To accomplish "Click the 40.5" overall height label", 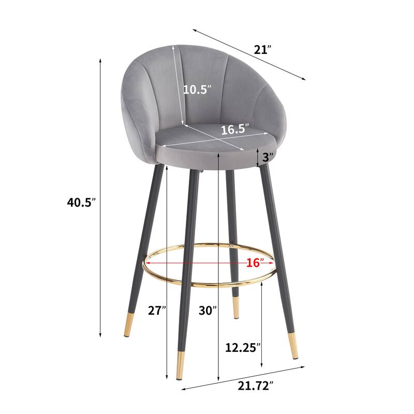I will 82,203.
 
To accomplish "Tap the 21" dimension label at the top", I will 262,50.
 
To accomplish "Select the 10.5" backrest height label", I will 197,89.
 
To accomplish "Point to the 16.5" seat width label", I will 235,129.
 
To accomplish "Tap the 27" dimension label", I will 156,310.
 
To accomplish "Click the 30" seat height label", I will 208,310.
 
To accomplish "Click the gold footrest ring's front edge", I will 207,284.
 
